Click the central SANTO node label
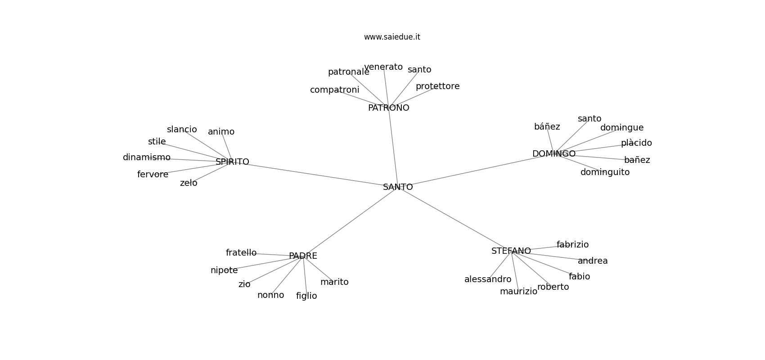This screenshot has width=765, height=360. [x=398, y=187]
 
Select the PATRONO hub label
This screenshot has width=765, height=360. [x=388, y=108]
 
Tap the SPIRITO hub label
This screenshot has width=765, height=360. [x=232, y=162]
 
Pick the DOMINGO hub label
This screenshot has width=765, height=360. [x=553, y=154]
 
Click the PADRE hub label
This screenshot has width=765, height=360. [x=303, y=256]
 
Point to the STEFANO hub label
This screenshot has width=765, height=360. [x=511, y=251]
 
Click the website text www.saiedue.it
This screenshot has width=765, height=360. [x=392, y=37]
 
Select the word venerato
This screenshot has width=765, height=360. [x=383, y=67]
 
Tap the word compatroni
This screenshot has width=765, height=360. [x=334, y=90]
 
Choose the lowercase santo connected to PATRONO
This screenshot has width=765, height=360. [x=419, y=70]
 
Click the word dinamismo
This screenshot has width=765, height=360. [x=147, y=157]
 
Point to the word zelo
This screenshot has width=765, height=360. [x=189, y=183]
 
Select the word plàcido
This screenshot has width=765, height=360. [x=636, y=143]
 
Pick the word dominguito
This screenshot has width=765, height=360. [x=605, y=172]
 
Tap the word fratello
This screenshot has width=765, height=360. [x=241, y=253]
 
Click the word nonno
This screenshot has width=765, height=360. [x=270, y=295]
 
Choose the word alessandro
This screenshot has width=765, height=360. [x=488, y=279]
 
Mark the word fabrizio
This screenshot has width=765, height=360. [x=572, y=245]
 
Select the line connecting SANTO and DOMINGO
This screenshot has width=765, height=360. [x=477, y=170]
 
